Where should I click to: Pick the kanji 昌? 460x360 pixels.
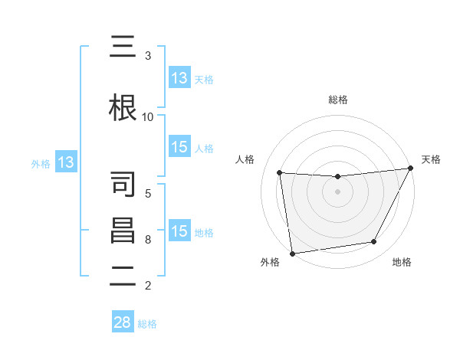123,230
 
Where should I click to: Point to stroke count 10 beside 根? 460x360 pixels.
148,116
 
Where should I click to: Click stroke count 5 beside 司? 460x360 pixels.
148,193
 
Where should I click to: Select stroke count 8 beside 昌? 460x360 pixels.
148,239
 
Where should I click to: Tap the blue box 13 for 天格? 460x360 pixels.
179,78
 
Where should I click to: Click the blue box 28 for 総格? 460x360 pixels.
123,322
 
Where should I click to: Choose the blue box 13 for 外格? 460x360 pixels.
65,162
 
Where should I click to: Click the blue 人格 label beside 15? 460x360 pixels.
204,148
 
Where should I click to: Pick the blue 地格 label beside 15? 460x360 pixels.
204,232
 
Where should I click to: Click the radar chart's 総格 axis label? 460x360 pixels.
338,100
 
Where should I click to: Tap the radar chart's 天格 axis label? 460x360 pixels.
432,159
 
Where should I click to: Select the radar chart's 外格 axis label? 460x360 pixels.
270,263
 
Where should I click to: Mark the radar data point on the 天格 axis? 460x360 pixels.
411,169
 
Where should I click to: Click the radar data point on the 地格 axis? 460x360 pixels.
374,242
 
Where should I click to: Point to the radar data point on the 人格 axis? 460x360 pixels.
280,173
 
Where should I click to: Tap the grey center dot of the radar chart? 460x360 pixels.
337,191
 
